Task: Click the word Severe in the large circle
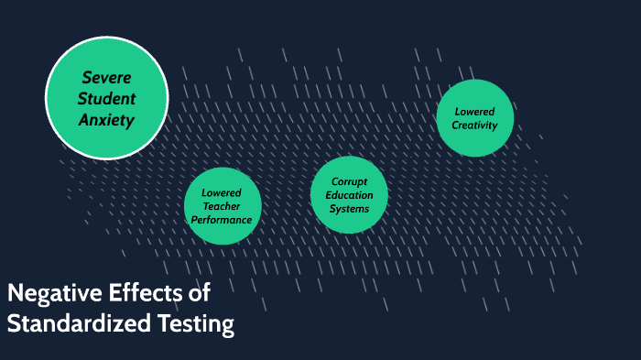(x=106, y=77)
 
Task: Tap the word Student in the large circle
(x=106, y=98)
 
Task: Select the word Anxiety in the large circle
(x=106, y=119)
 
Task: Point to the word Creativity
(x=475, y=125)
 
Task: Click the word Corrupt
(x=349, y=182)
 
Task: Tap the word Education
(x=349, y=195)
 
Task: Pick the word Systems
(x=349, y=209)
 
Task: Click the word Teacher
(x=223, y=206)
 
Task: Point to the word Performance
(x=223, y=220)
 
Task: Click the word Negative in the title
(x=47, y=293)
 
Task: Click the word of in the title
(x=200, y=293)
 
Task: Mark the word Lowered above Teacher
(x=223, y=193)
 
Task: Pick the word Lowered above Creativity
(x=475, y=112)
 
